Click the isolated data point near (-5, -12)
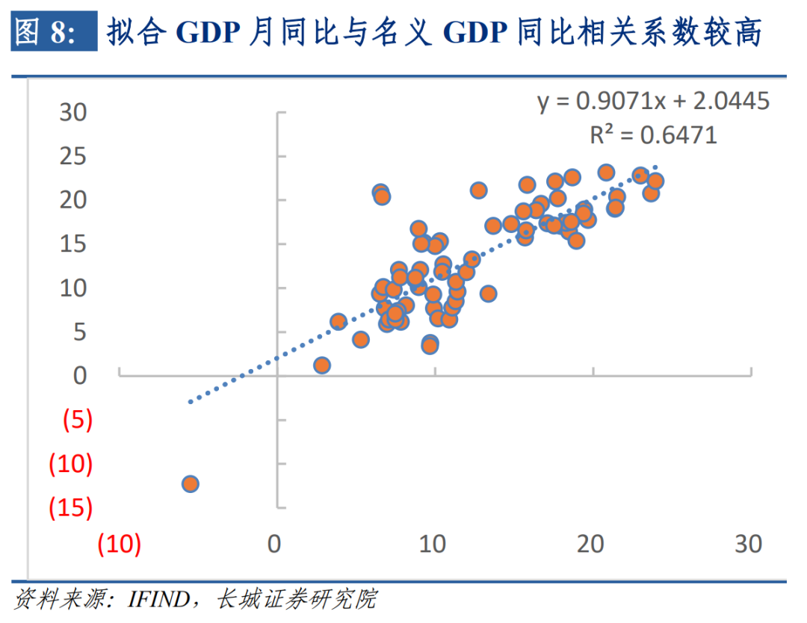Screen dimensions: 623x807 [190, 483]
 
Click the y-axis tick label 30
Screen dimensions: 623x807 [73, 113]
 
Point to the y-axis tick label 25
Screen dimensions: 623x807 [73, 157]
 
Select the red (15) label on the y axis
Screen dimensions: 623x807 [70, 508]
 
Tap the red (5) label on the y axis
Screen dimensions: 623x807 [77, 421]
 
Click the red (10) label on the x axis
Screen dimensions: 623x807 [120, 544]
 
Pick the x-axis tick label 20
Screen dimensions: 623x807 [590, 544]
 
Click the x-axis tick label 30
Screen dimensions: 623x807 [748, 544]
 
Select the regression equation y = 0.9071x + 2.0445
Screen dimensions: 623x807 [653, 101]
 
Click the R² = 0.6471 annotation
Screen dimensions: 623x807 [653, 134]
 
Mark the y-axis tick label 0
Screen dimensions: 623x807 [79, 376]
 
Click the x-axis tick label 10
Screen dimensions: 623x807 [433, 544]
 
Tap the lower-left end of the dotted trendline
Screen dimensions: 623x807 [191, 402]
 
